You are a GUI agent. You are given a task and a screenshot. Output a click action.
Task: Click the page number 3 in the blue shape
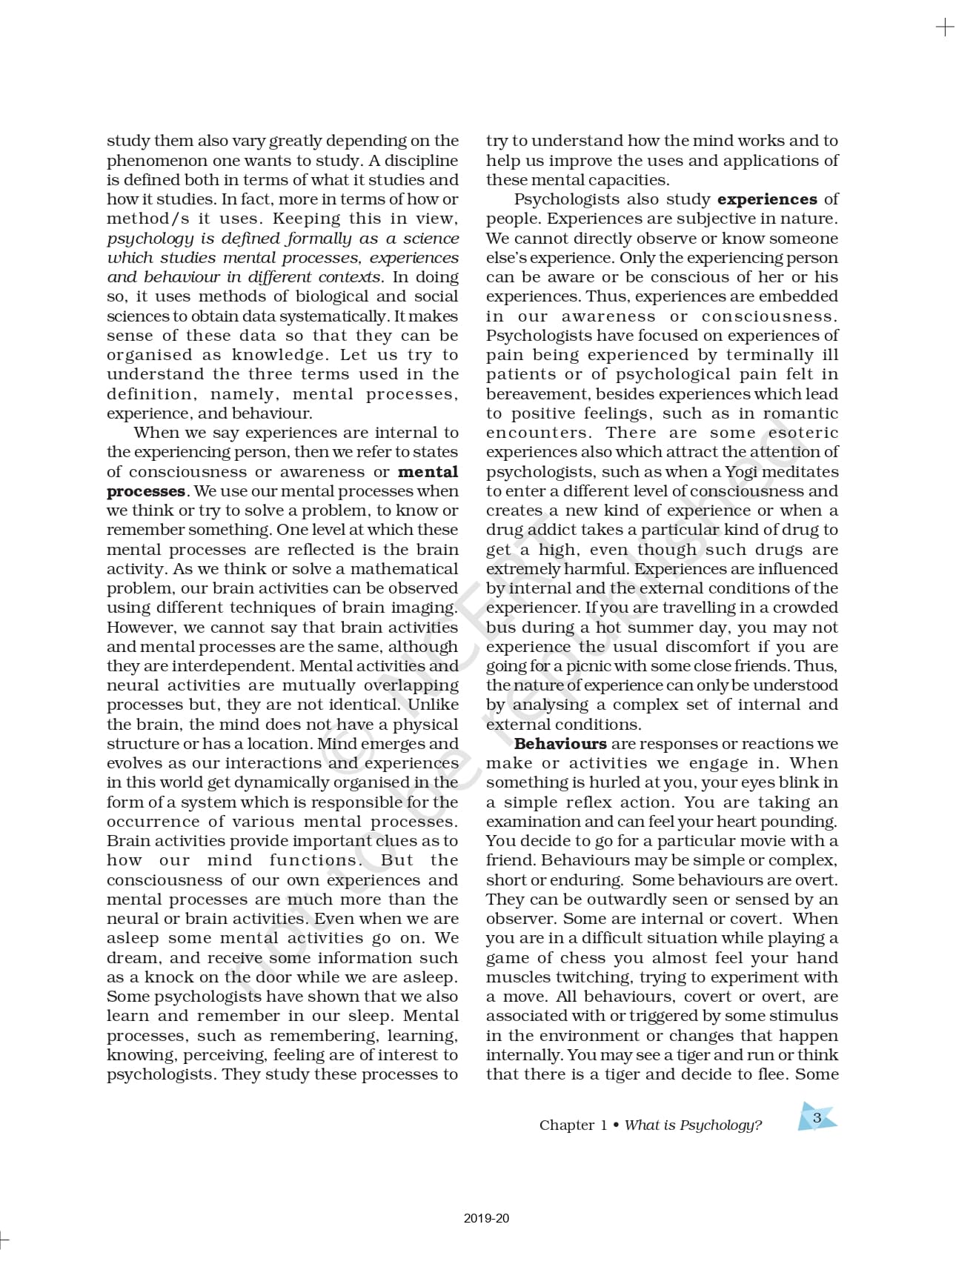817,1118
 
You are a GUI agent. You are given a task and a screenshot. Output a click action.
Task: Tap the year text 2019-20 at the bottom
487,1218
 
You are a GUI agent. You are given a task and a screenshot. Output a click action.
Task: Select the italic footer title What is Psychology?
693,1125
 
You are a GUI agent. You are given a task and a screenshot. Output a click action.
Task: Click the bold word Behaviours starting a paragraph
560,744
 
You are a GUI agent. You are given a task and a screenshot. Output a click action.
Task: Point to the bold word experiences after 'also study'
767,199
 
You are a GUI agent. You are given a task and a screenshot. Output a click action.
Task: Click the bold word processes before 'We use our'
146,491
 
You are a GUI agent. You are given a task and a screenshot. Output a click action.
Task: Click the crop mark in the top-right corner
945,28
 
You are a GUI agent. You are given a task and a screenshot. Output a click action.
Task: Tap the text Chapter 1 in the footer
573,1125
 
